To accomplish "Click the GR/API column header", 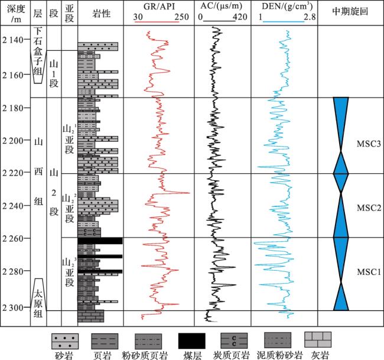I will pos(161,8).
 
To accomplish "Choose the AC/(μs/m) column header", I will pos(224,8).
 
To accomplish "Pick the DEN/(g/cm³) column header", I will pos(285,8).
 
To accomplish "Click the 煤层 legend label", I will pos(191,353).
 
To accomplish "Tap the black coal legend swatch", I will pos(191,340).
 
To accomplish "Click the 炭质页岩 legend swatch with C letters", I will pos(233,340).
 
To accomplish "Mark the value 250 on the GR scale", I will pos(181,17).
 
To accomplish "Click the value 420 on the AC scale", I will pos(240,17).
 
